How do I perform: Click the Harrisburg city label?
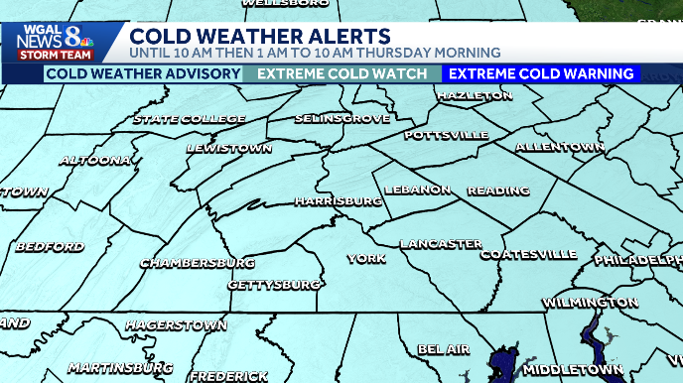tap(339, 200)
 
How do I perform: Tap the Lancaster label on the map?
tap(441, 244)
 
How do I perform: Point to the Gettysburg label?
tap(274, 285)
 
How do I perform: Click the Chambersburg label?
tap(198, 263)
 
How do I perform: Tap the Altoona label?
tap(95, 160)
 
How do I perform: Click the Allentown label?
tap(560, 147)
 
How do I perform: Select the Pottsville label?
tap(446, 134)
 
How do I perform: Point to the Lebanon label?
tap(420, 190)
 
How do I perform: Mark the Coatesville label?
tap(528, 255)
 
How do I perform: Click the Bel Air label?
tap(443, 349)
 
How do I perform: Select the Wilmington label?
tap(590, 302)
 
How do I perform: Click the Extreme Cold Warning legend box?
tap(540, 74)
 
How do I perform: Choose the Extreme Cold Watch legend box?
tap(342, 74)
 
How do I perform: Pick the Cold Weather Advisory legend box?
tap(143, 74)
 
